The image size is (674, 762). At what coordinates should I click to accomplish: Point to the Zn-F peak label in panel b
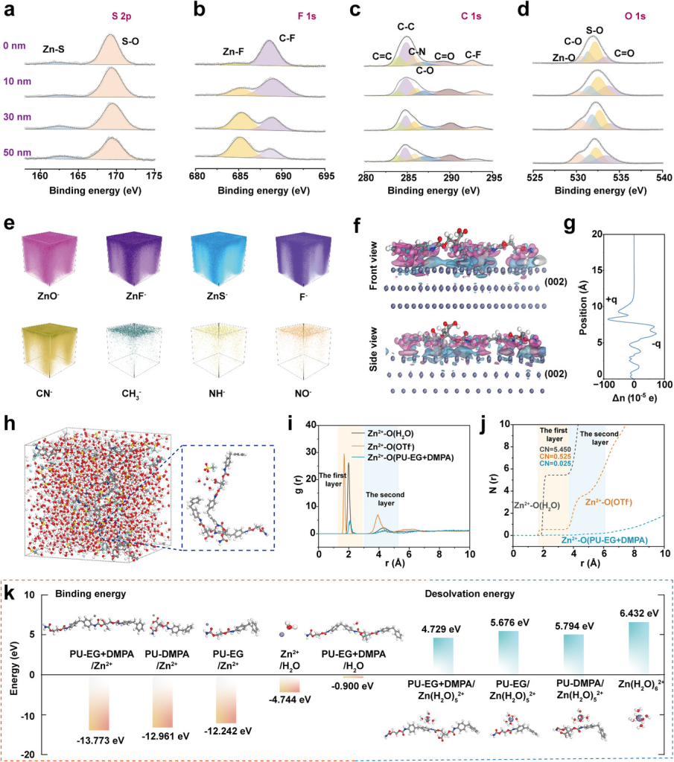tap(237, 52)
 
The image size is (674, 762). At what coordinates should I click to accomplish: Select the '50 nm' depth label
tap(16, 153)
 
